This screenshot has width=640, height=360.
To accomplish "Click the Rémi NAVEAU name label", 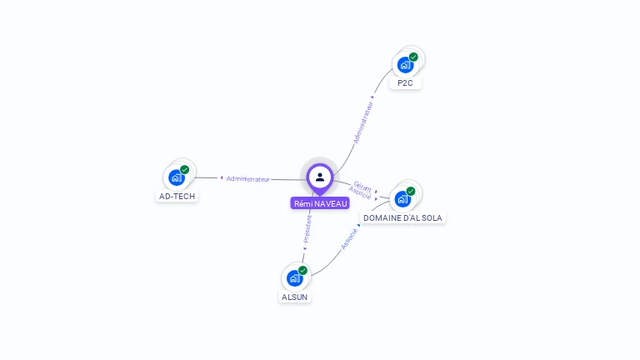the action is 320,203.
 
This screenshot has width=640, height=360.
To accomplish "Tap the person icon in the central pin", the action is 320,177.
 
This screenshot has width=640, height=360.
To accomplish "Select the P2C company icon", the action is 405,65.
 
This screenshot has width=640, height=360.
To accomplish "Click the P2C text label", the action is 405,82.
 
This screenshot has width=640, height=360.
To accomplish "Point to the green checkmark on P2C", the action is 413,57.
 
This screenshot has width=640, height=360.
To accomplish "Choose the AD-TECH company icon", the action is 177,178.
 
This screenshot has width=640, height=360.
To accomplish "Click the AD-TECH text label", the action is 177,197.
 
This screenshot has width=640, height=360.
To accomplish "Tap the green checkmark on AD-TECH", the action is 184,169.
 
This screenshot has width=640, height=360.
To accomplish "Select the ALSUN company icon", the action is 294,278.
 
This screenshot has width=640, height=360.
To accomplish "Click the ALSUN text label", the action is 294,297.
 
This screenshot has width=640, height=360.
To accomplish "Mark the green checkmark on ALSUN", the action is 302,270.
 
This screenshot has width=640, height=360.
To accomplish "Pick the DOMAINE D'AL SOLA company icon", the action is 402,199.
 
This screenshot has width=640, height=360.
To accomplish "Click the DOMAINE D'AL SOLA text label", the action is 402,218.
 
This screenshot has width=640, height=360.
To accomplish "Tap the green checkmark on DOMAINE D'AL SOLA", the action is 411,191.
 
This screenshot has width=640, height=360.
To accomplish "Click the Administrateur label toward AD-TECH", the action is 248,179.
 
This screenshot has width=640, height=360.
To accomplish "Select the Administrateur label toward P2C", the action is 363,122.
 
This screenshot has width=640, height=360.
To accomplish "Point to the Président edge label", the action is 307,229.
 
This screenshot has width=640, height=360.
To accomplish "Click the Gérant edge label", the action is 362,187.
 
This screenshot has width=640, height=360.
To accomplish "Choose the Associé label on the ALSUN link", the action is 349,239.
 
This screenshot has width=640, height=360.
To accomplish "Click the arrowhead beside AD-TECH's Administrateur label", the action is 222,177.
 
